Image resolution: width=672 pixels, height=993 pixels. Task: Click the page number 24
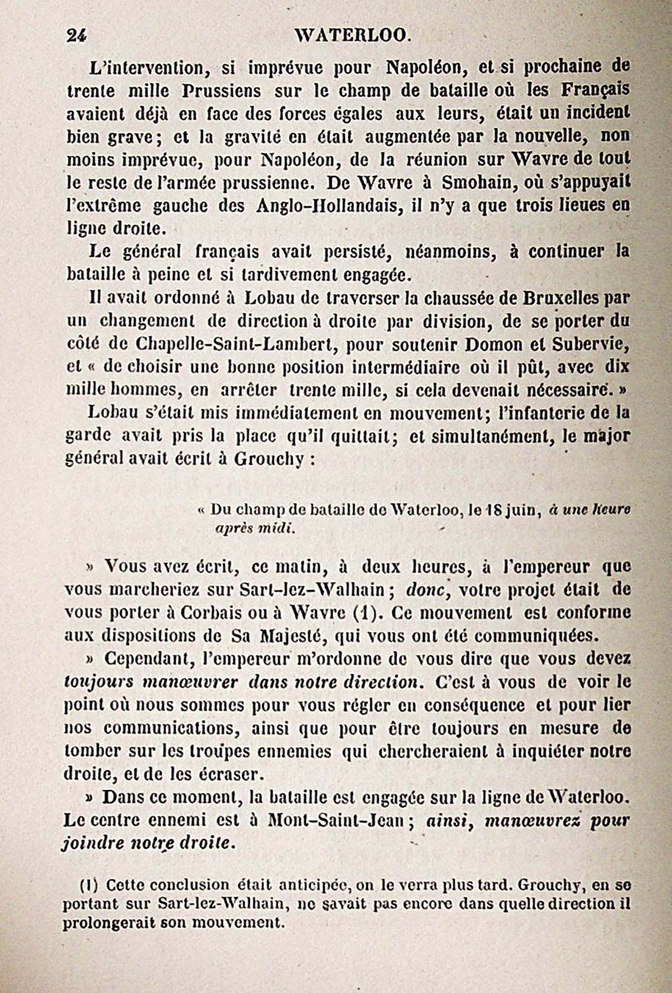pos(77,35)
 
